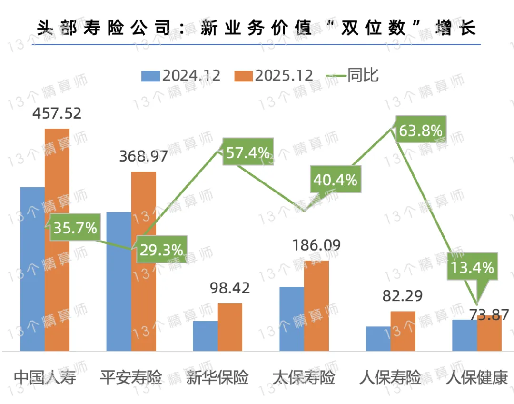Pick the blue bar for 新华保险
click(x=205, y=336)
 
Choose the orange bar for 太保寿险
click(x=316, y=305)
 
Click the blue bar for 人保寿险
click(x=378, y=339)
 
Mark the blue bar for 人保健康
click(x=465, y=335)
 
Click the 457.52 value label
click(x=57, y=113)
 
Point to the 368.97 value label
click(x=143, y=156)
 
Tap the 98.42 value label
click(x=230, y=288)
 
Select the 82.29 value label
click(x=403, y=296)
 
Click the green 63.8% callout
click(x=420, y=130)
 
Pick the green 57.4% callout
click(x=247, y=153)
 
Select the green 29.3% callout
click(x=161, y=249)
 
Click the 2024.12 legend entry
click(x=181, y=76)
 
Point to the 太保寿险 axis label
click(x=304, y=378)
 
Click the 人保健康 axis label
click(x=476, y=378)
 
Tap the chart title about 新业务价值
click(x=257, y=28)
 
